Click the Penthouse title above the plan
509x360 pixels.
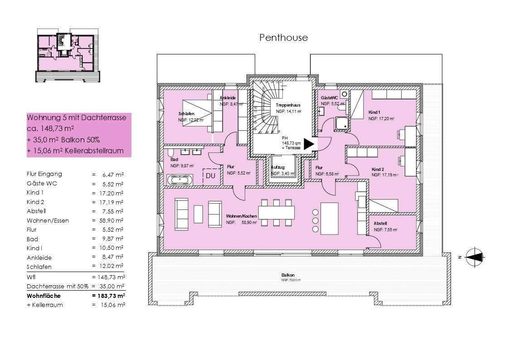point(283,38)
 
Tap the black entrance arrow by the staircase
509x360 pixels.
point(309,144)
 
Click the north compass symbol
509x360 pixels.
point(474,257)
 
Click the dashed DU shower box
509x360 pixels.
point(210,176)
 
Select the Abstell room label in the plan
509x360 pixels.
point(380,224)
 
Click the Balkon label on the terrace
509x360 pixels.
point(288,275)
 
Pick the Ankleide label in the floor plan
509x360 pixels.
point(228,98)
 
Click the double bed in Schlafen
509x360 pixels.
point(198,113)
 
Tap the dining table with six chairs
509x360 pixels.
point(276,212)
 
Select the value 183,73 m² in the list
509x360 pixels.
point(108,296)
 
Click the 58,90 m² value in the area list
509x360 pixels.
point(108,220)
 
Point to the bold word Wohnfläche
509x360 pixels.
point(44,296)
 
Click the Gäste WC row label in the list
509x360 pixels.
point(42,184)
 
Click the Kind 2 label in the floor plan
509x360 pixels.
point(378,169)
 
